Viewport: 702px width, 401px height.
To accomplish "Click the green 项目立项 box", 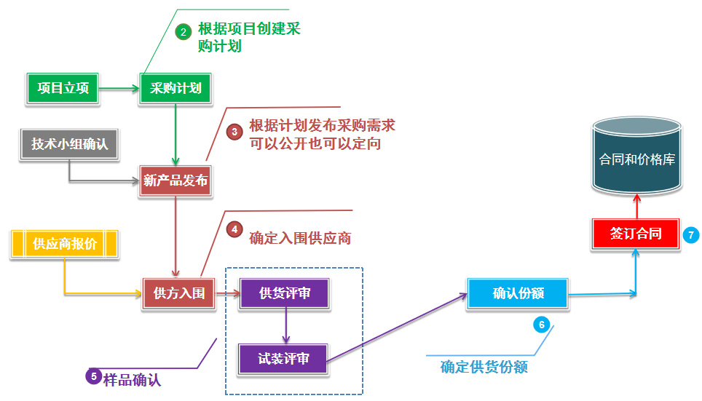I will [x=63, y=89].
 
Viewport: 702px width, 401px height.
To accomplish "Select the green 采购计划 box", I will [x=175, y=89].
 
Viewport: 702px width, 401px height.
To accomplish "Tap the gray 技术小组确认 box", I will [x=70, y=144].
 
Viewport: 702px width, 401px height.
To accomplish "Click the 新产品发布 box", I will [x=175, y=180].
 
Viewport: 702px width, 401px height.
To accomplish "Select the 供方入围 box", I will [x=179, y=294].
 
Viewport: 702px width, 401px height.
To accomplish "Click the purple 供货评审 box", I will [x=285, y=293].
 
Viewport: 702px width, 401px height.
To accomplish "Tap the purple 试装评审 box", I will [x=284, y=359].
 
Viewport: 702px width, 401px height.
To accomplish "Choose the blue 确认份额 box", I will [x=518, y=293].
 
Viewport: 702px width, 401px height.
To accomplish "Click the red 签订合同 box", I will [x=636, y=234].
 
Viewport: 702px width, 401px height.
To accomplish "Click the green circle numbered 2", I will [x=183, y=31].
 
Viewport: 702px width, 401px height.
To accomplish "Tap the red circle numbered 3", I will [x=234, y=132].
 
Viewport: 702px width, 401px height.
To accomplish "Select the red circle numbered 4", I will [x=234, y=229].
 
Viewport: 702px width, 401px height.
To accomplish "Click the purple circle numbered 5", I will [x=93, y=376].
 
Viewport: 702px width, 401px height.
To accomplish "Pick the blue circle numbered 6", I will [x=540, y=325].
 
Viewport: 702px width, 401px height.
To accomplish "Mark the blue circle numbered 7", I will [x=691, y=235].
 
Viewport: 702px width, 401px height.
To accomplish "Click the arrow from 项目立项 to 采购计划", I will [x=119, y=89].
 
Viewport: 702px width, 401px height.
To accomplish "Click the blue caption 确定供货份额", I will [x=484, y=367].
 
